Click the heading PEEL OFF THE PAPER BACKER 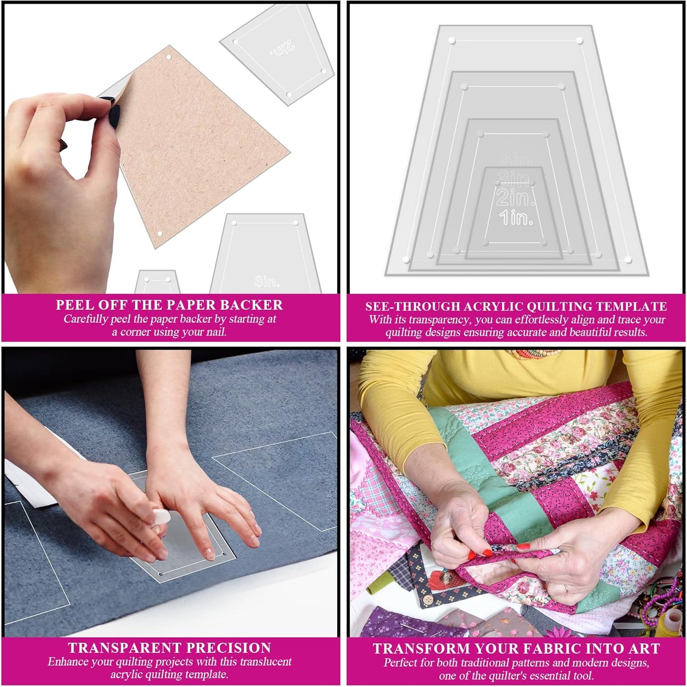[x=169, y=305]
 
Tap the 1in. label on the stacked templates [x=516, y=218]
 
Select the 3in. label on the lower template [x=267, y=281]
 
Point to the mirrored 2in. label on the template [x=282, y=49]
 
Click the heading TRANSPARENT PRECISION [x=169, y=648]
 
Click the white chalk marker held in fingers [x=160, y=516]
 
